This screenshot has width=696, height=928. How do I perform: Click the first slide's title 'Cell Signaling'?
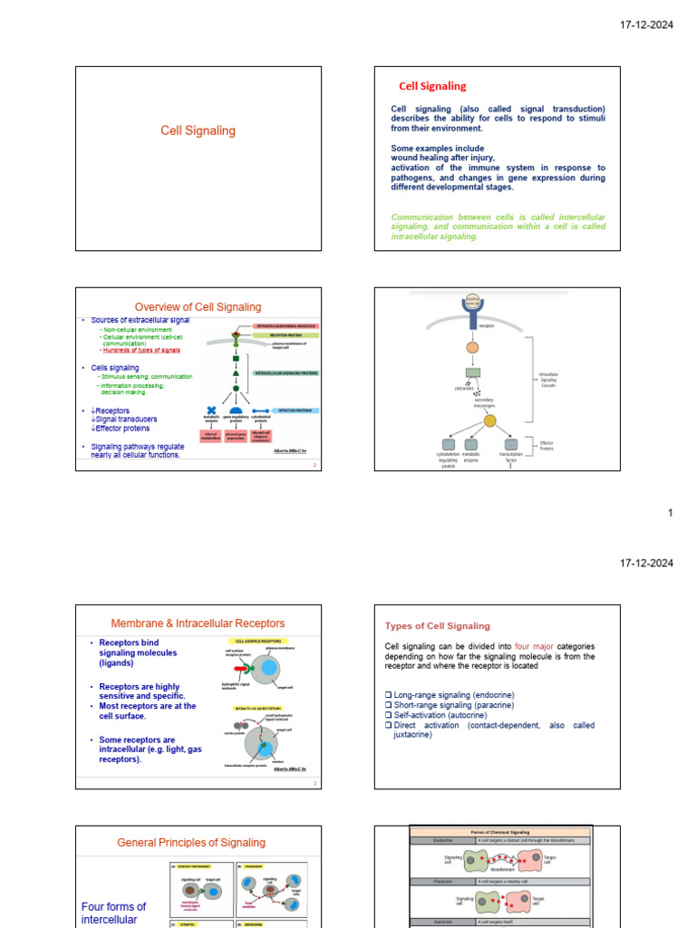pos(198,130)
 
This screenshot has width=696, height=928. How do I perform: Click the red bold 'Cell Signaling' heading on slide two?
pos(432,86)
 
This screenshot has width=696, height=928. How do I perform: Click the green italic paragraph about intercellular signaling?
pos(498,227)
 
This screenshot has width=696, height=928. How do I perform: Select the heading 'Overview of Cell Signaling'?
pos(198,306)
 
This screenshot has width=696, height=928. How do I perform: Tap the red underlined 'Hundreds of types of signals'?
pos(141,350)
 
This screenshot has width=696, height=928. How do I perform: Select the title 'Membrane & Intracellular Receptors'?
pos(198,623)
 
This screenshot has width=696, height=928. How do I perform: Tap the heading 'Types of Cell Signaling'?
pos(438,626)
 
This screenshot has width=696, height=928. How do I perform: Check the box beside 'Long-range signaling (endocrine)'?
pos(389,695)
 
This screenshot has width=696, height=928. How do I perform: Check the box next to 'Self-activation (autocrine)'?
pos(389,715)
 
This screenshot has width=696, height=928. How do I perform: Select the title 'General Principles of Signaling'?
pos(191,843)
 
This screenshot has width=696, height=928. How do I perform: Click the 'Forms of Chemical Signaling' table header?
pos(500,831)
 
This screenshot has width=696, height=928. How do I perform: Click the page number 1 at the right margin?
pos(670,513)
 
